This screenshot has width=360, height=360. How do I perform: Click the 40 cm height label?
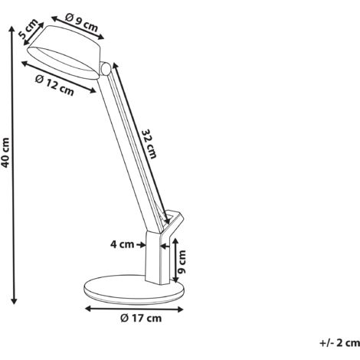[x=5, y=152]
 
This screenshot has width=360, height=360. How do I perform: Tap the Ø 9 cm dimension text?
[x=81, y=22]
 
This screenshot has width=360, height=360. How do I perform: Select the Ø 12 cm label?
[x=54, y=86]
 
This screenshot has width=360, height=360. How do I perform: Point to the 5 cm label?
[x=28, y=29]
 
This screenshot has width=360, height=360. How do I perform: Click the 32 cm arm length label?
[x=149, y=144]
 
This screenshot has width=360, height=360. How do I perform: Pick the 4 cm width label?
[x=122, y=244]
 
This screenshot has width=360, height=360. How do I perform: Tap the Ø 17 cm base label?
[x=141, y=318]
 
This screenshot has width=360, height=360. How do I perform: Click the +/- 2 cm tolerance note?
[x=339, y=343]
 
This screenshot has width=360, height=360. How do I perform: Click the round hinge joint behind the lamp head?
[x=105, y=68]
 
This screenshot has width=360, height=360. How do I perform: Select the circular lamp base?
[x=134, y=290]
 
